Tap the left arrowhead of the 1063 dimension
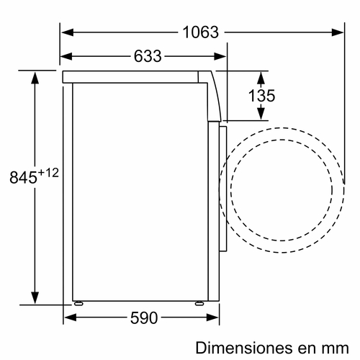[65, 32]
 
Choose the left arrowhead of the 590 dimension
[69, 317]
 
